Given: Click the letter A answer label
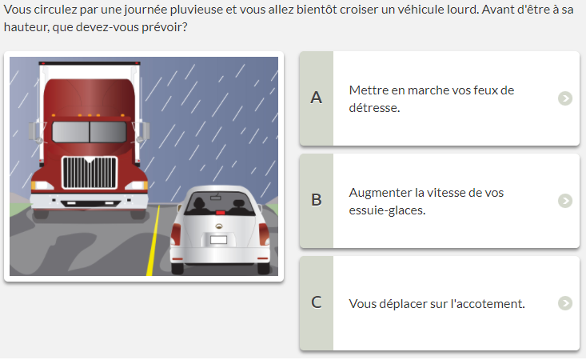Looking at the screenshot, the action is (x=316, y=98).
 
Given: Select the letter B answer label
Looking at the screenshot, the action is (x=316, y=200).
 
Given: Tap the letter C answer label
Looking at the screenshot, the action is (x=316, y=302).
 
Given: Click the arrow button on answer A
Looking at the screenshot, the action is (x=565, y=98).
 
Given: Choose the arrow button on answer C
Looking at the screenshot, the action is (x=565, y=303).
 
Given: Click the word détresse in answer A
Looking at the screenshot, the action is (x=374, y=108).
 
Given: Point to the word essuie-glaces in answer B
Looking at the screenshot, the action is (x=387, y=210).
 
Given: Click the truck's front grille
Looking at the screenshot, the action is (x=90, y=172).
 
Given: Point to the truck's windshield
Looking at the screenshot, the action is (x=90, y=131).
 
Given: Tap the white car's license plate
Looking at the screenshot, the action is (x=218, y=240).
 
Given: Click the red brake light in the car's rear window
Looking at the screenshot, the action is (x=221, y=212).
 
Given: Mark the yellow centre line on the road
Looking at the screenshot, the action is (x=153, y=240).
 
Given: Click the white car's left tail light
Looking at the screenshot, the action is (x=176, y=234).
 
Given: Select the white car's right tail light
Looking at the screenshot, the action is (x=264, y=234).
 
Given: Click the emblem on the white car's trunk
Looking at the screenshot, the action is (x=219, y=226).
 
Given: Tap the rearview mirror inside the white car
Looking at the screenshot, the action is (x=216, y=198).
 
